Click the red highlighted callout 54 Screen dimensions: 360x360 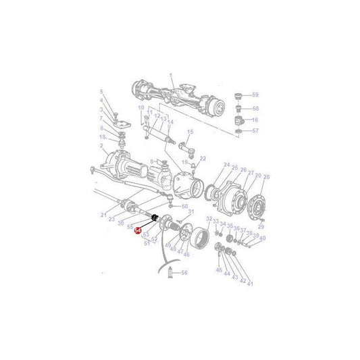138,230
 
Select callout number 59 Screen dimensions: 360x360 255,95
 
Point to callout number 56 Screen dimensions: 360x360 184,272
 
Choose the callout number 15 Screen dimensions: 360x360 190,132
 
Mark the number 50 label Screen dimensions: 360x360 185,206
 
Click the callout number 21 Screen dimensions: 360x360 103,215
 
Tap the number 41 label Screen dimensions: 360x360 250,284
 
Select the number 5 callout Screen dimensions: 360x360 102,92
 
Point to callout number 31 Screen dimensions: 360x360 191,211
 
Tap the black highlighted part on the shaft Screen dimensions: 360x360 155,217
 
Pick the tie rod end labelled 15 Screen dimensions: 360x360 184,143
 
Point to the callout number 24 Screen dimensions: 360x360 226,166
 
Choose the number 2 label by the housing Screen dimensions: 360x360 102,146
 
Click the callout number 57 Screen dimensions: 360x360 255,130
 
